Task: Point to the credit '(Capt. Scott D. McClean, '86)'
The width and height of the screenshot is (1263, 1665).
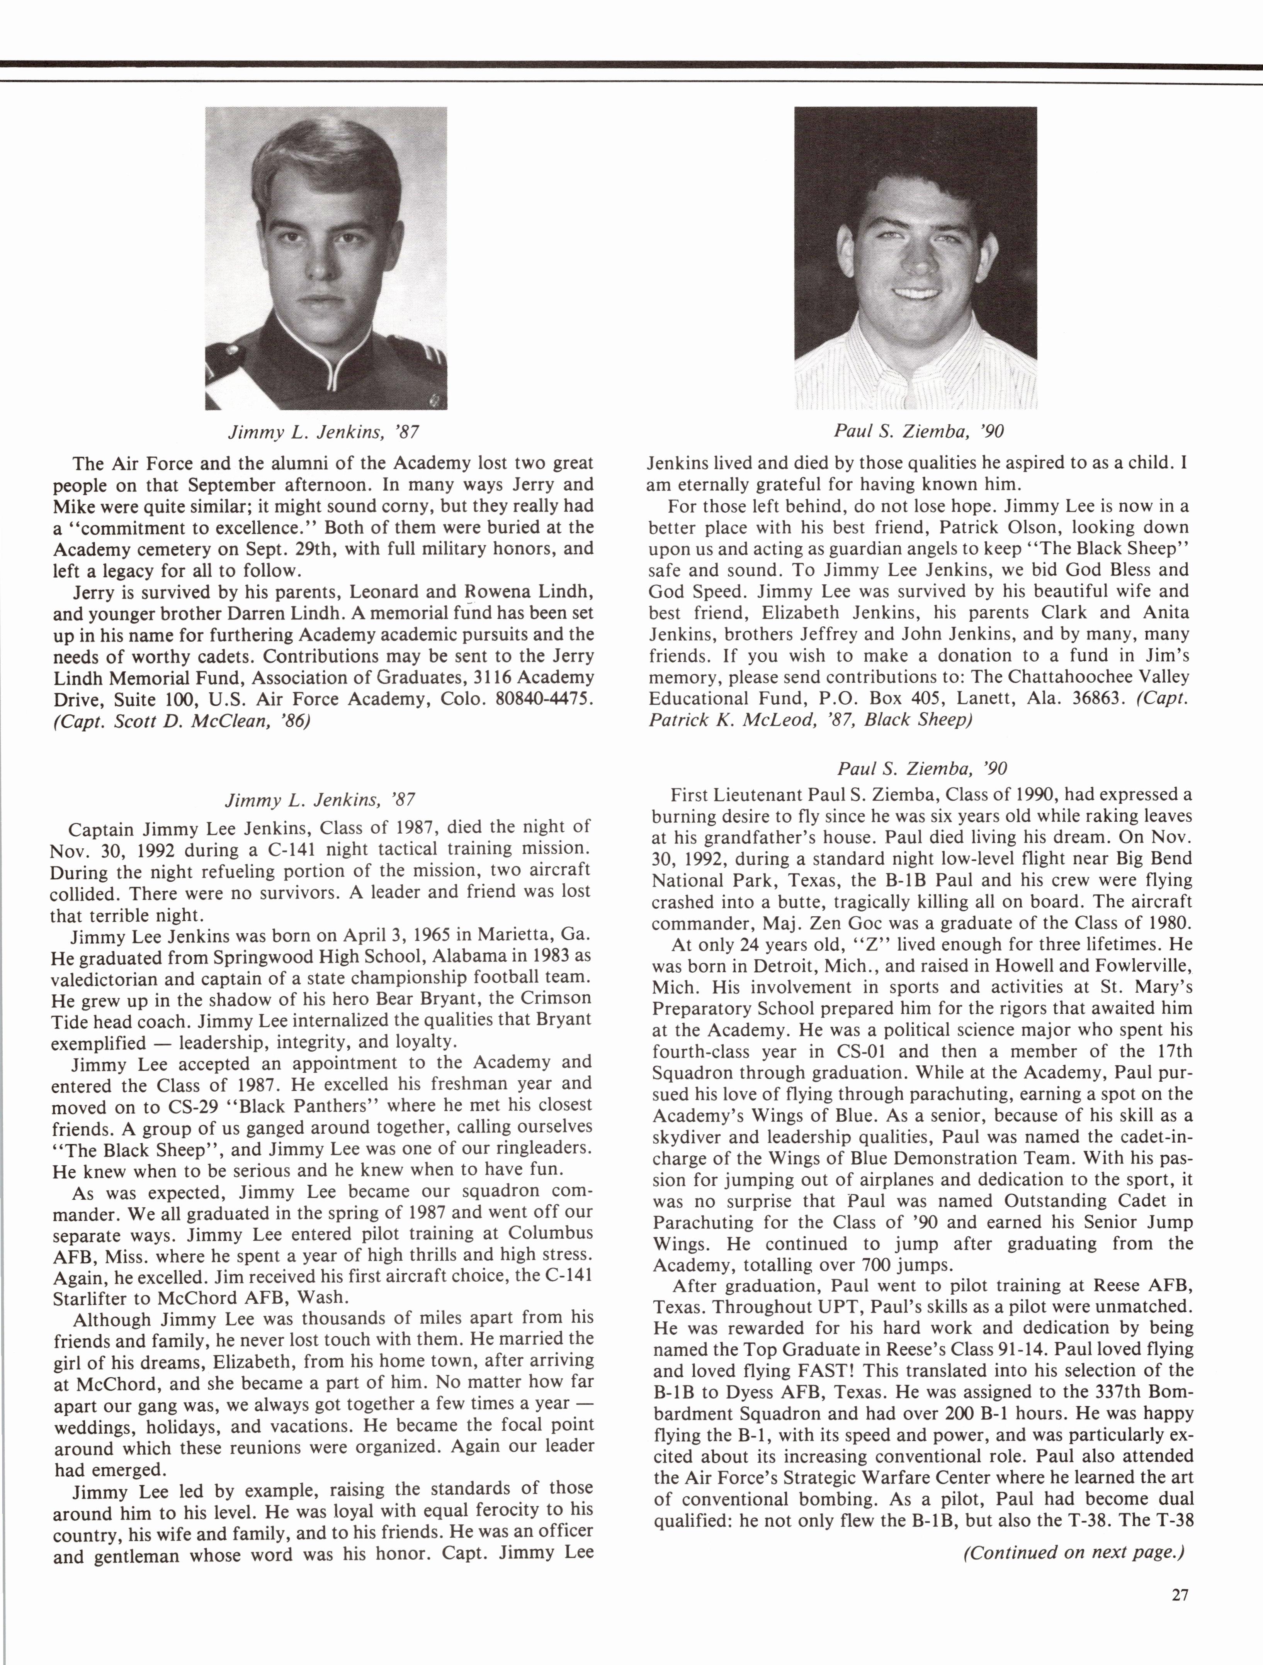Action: point(182,721)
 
